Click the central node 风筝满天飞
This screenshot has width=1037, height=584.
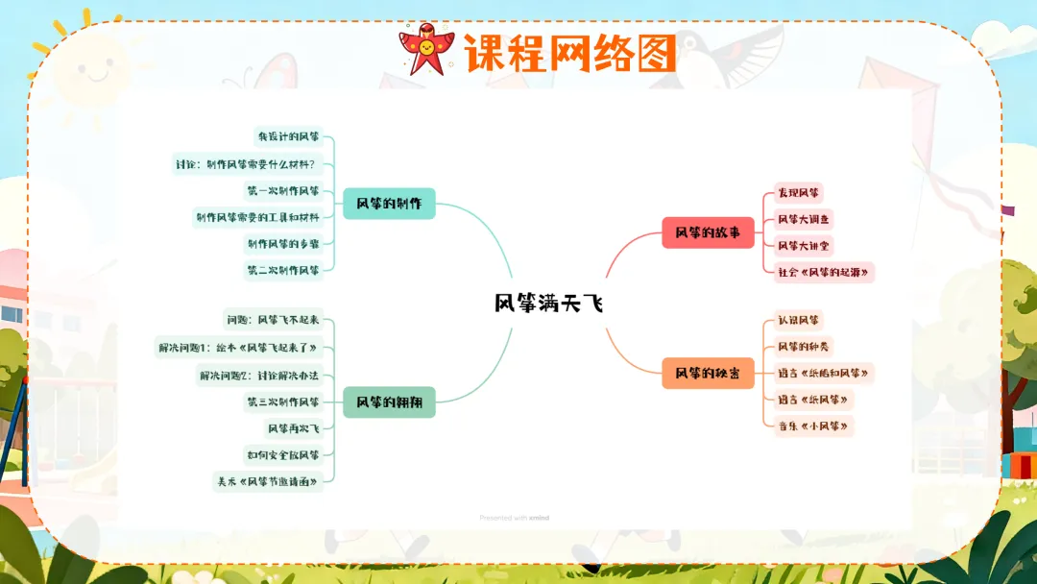click(x=549, y=304)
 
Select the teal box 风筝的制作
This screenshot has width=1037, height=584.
click(x=389, y=204)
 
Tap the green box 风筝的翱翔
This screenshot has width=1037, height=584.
click(x=389, y=402)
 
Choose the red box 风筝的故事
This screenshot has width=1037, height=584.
click(x=708, y=232)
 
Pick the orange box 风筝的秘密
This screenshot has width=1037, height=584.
click(x=708, y=373)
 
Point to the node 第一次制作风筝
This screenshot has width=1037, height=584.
click(x=282, y=190)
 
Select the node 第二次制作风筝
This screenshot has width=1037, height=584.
click(x=282, y=270)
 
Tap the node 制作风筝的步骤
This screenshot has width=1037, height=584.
click(x=282, y=243)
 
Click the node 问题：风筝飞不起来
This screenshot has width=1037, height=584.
click(x=273, y=320)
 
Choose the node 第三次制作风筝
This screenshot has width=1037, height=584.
click(x=282, y=401)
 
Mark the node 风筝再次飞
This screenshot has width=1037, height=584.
click(x=293, y=428)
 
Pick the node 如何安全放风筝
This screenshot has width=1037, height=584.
click(x=282, y=454)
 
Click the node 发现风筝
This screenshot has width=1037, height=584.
click(x=799, y=194)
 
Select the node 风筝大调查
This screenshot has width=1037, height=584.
click(x=805, y=220)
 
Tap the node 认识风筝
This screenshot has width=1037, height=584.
click(x=799, y=320)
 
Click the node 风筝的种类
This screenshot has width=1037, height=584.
click(x=804, y=346)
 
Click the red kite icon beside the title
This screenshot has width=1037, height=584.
click(x=426, y=50)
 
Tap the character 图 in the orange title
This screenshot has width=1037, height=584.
click(x=656, y=54)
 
